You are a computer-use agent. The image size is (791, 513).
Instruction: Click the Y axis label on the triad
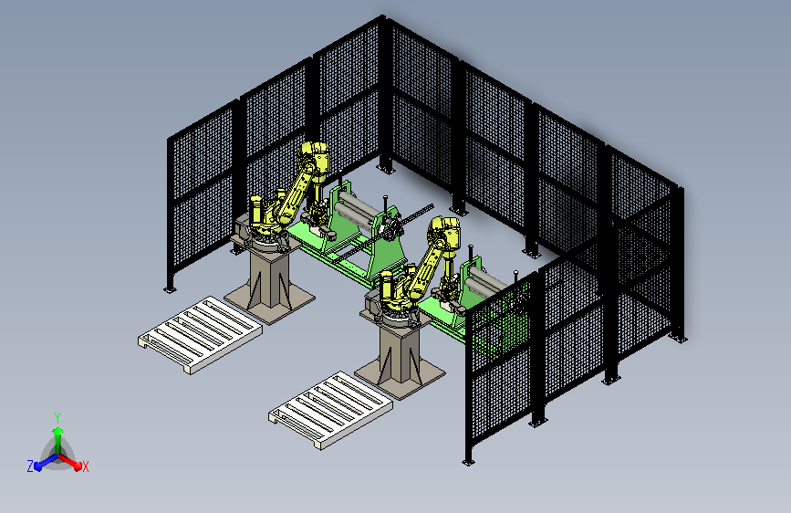[57, 417]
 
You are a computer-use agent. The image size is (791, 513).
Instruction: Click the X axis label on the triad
[85, 466]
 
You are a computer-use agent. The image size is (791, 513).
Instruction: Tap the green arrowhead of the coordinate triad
[58, 431]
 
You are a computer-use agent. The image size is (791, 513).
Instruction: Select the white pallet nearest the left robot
[201, 334]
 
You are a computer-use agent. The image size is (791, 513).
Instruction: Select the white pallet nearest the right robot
[330, 410]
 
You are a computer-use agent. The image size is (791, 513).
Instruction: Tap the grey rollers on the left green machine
[357, 208]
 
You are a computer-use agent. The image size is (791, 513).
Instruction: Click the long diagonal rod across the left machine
[382, 234]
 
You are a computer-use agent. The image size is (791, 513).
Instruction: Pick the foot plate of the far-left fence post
[170, 289]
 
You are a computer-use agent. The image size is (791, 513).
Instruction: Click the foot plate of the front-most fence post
[468, 461]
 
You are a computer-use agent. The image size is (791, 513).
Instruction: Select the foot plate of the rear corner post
[386, 169]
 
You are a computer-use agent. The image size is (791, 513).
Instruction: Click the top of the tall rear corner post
[383, 17]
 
